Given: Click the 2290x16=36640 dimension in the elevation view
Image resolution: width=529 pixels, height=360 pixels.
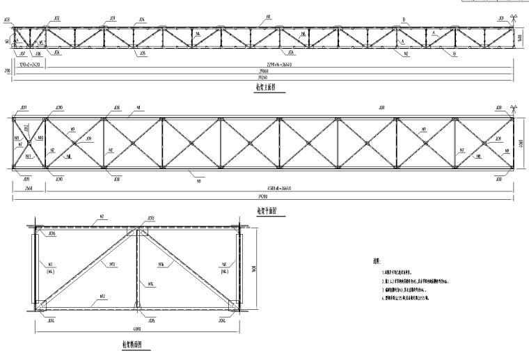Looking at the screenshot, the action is tap(268, 64).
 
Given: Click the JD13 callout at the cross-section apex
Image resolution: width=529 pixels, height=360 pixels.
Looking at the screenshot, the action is tap(151, 218).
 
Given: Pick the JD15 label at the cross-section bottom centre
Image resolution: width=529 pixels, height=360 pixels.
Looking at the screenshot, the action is tap(151, 320).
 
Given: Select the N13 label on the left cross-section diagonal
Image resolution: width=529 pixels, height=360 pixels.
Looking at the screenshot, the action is tap(112, 265).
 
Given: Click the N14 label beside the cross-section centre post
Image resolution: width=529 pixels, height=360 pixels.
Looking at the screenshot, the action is tap(151, 283).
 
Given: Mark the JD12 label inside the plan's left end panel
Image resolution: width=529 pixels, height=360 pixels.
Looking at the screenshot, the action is tap(26, 127).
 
